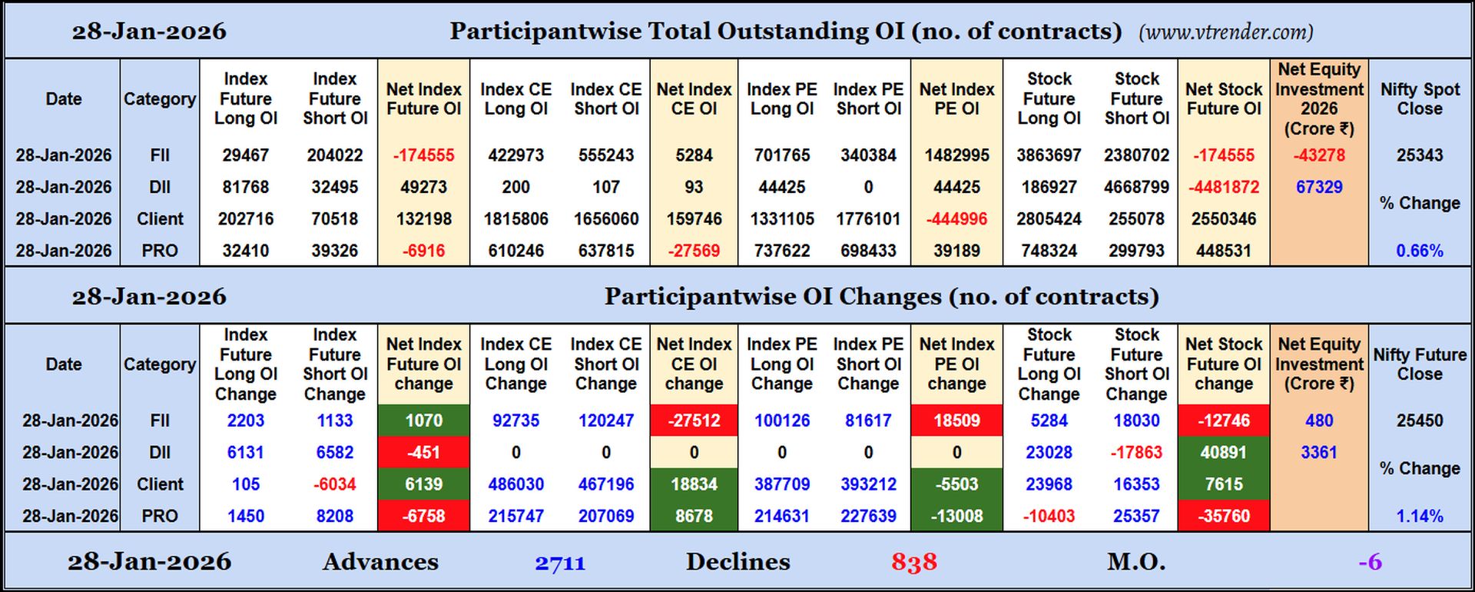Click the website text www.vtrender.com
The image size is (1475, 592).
point(1225,32)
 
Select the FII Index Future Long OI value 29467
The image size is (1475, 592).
point(245,155)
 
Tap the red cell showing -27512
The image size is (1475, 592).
point(694,421)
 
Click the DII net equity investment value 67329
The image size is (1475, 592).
point(1318,187)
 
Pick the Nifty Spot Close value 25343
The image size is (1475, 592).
point(1419,155)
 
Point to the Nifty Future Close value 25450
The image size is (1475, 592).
point(1419,421)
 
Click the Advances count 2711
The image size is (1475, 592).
point(560,563)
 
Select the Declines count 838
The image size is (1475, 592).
point(913,563)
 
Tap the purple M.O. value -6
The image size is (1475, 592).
point(1370,563)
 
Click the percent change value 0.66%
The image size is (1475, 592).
point(1419,251)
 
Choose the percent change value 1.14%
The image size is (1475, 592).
point(1419,516)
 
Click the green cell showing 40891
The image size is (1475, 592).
point(1223,452)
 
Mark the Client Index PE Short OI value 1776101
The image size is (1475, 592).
point(868,219)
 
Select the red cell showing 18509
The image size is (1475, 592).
point(956,421)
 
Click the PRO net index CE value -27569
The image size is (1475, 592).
point(694,251)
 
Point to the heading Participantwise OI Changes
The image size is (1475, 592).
point(881,297)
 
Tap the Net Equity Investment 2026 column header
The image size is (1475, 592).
point(1318,98)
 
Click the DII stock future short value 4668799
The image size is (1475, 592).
point(1136,187)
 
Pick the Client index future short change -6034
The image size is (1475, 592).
point(334,484)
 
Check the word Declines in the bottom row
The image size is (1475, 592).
point(737,562)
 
